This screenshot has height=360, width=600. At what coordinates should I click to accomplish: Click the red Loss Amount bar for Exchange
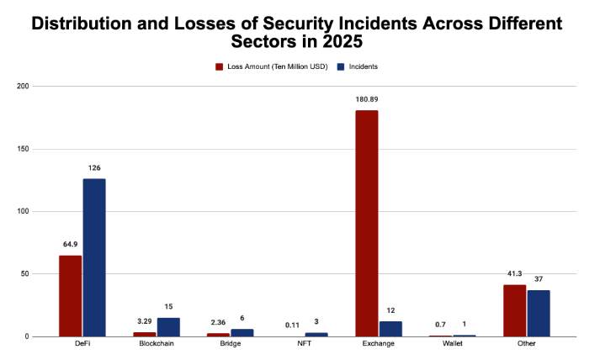tap(367, 223)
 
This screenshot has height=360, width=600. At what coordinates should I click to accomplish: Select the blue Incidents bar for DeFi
tap(94, 257)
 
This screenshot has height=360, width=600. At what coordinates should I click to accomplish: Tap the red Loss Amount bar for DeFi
tap(71, 295)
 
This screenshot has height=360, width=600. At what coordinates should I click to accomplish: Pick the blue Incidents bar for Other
tap(539, 313)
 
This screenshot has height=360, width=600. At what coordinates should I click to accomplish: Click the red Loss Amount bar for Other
tap(515, 310)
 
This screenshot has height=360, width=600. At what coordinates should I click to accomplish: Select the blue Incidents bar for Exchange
tap(390, 329)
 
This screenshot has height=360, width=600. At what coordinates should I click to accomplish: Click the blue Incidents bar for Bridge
tap(242, 332)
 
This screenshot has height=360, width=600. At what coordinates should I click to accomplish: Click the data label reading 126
tap(94, 168)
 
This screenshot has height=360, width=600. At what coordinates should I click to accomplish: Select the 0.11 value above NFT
tap(293, 323)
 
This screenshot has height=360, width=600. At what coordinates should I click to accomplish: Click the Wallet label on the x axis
tap(452, 345)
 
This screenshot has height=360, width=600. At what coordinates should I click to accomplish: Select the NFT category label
tap(304, 345)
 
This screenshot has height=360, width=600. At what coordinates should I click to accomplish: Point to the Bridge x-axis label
tap(230, 345)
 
